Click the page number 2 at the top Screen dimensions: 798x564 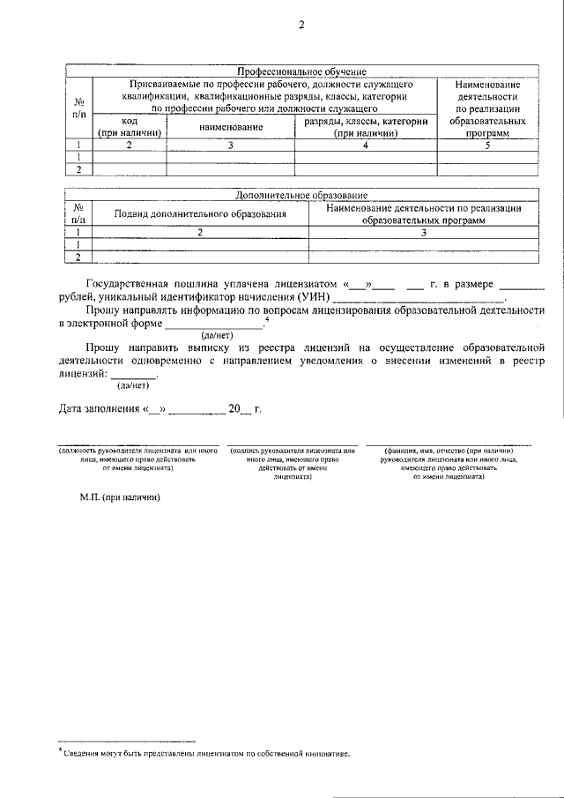click(301, 26)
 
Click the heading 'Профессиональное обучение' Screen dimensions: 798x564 click(301, 71)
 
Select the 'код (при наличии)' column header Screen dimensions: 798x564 click(130, 128)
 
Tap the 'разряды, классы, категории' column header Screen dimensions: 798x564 click(366, 128)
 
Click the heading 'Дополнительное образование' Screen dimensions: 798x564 click(301, 195)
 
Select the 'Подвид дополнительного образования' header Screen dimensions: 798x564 click(201, 213)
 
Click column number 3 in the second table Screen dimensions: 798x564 click(423, 233)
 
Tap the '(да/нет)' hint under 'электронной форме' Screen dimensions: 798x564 click(217, 336)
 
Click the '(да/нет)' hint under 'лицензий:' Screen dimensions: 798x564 click(133, 384)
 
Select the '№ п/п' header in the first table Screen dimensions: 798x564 click(79, 108)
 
